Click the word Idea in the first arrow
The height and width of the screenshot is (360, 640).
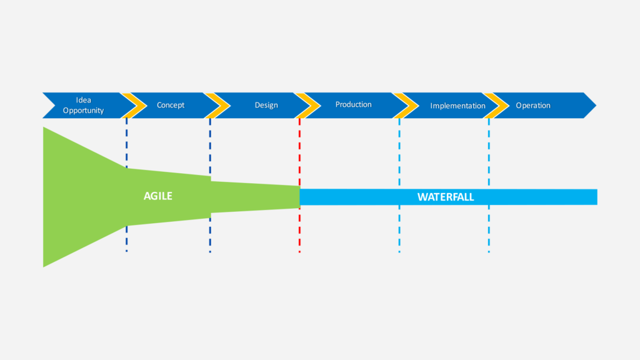(83, 100)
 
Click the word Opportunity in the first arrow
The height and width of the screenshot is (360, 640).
(83, 111)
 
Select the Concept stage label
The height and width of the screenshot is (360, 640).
(171, 105)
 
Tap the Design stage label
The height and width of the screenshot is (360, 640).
(266, 105)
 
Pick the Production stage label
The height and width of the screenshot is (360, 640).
(353, 104)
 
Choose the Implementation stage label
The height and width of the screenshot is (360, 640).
(457, 106)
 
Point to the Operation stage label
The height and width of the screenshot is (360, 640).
(533, 105)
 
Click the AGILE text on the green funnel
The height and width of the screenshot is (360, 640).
(157, 196)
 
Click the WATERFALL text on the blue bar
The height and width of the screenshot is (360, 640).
(446, 197)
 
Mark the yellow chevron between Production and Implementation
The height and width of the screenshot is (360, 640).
(407, 105)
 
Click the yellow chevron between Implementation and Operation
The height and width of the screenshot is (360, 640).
(497, 105)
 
